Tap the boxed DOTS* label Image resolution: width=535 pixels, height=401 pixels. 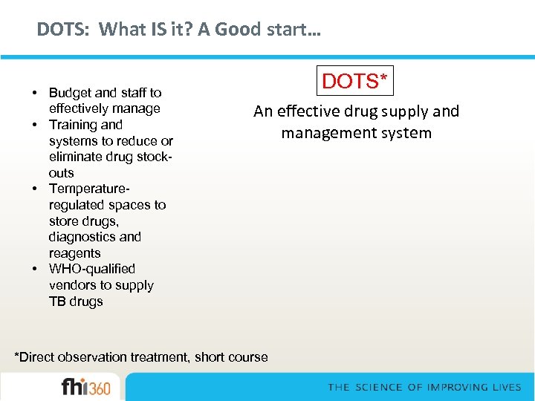coord(356,81)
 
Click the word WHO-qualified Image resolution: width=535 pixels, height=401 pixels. coord(92,269)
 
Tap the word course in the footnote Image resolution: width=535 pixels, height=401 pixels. coord(247,357)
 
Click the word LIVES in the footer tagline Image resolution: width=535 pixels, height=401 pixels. coord(508,388)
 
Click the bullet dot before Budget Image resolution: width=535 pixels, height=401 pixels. coord(36,93)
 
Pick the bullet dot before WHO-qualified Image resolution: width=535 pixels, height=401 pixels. coord(36,269)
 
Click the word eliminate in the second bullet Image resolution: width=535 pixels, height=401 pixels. coord(75,157)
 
